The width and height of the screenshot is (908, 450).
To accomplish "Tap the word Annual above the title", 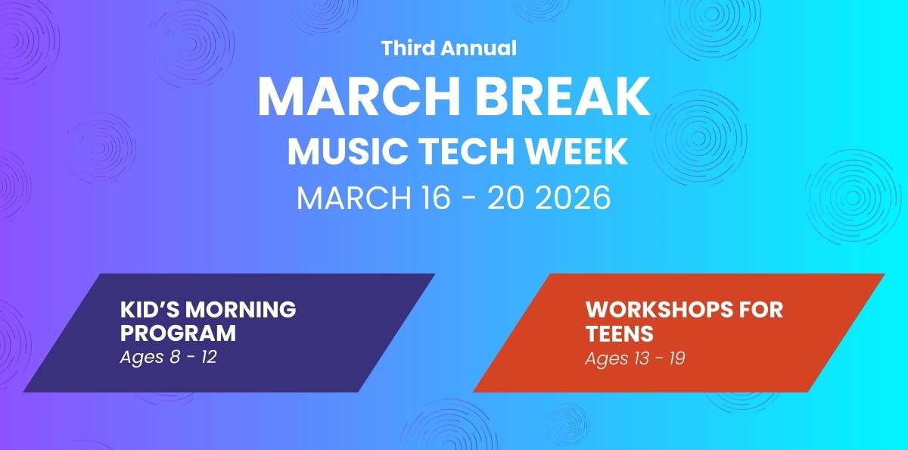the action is tap(479, 48).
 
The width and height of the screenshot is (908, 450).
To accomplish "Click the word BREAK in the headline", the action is tap(562, 98).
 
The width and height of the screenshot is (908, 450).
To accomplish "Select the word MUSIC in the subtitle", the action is tap(347, 152).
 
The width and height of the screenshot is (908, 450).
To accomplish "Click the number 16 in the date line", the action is tap(436, 198).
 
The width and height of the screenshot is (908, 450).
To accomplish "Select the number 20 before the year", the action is tap(505, 198).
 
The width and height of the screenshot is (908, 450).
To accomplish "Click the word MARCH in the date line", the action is tap(354, 198).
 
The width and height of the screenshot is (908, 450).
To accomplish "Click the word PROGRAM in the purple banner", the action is tap(178, 333).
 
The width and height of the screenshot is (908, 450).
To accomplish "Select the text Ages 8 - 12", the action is tap(169, 358).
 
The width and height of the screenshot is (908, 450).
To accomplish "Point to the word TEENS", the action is tap(620, 334).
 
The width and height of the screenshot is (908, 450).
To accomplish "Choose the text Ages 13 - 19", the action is tap(635, 358).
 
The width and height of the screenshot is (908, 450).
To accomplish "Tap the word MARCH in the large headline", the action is tap(359, 98).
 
